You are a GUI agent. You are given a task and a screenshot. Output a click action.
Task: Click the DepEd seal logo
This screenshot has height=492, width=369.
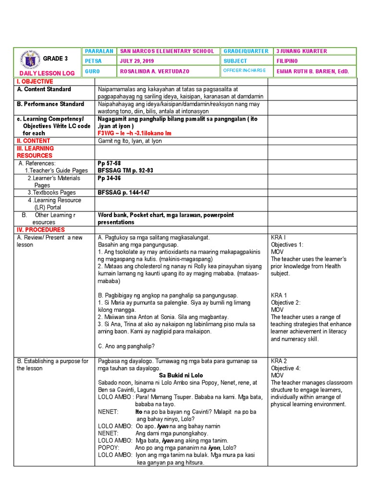pos(29,61)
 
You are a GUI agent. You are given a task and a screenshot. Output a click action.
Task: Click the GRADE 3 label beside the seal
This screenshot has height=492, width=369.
pos(53,59)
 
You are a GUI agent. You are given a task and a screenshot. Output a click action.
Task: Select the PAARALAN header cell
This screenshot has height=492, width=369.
pos(98,51)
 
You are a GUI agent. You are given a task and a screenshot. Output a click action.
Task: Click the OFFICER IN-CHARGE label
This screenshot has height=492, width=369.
pos(244,71)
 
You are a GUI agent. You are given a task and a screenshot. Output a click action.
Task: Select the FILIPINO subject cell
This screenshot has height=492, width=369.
pos(287,61)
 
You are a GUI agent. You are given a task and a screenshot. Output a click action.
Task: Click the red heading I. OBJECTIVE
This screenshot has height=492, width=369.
pos(35,82)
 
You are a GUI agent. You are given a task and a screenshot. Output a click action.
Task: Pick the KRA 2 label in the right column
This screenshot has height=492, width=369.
pos(279,361)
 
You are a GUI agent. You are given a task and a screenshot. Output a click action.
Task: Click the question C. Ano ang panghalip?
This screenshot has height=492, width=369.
pos(126,346)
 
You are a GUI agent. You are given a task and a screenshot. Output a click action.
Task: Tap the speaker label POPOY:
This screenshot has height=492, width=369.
pos(109,448)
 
